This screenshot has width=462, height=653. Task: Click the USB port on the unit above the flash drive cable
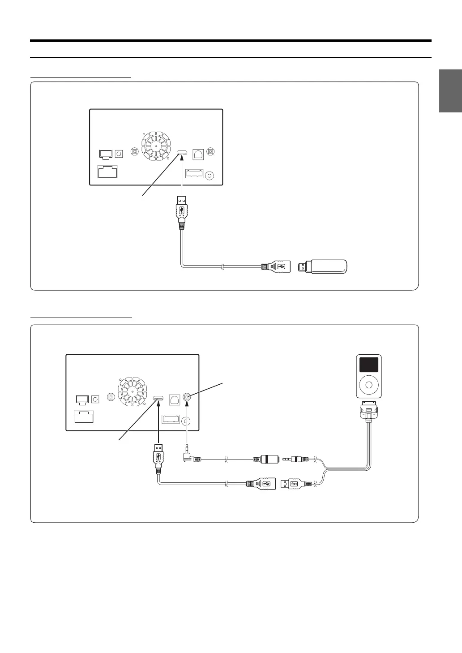(x=182, y=153)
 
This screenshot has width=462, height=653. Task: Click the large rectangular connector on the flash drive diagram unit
(x=107, y=172)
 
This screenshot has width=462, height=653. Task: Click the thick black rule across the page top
(x=231, y=41)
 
